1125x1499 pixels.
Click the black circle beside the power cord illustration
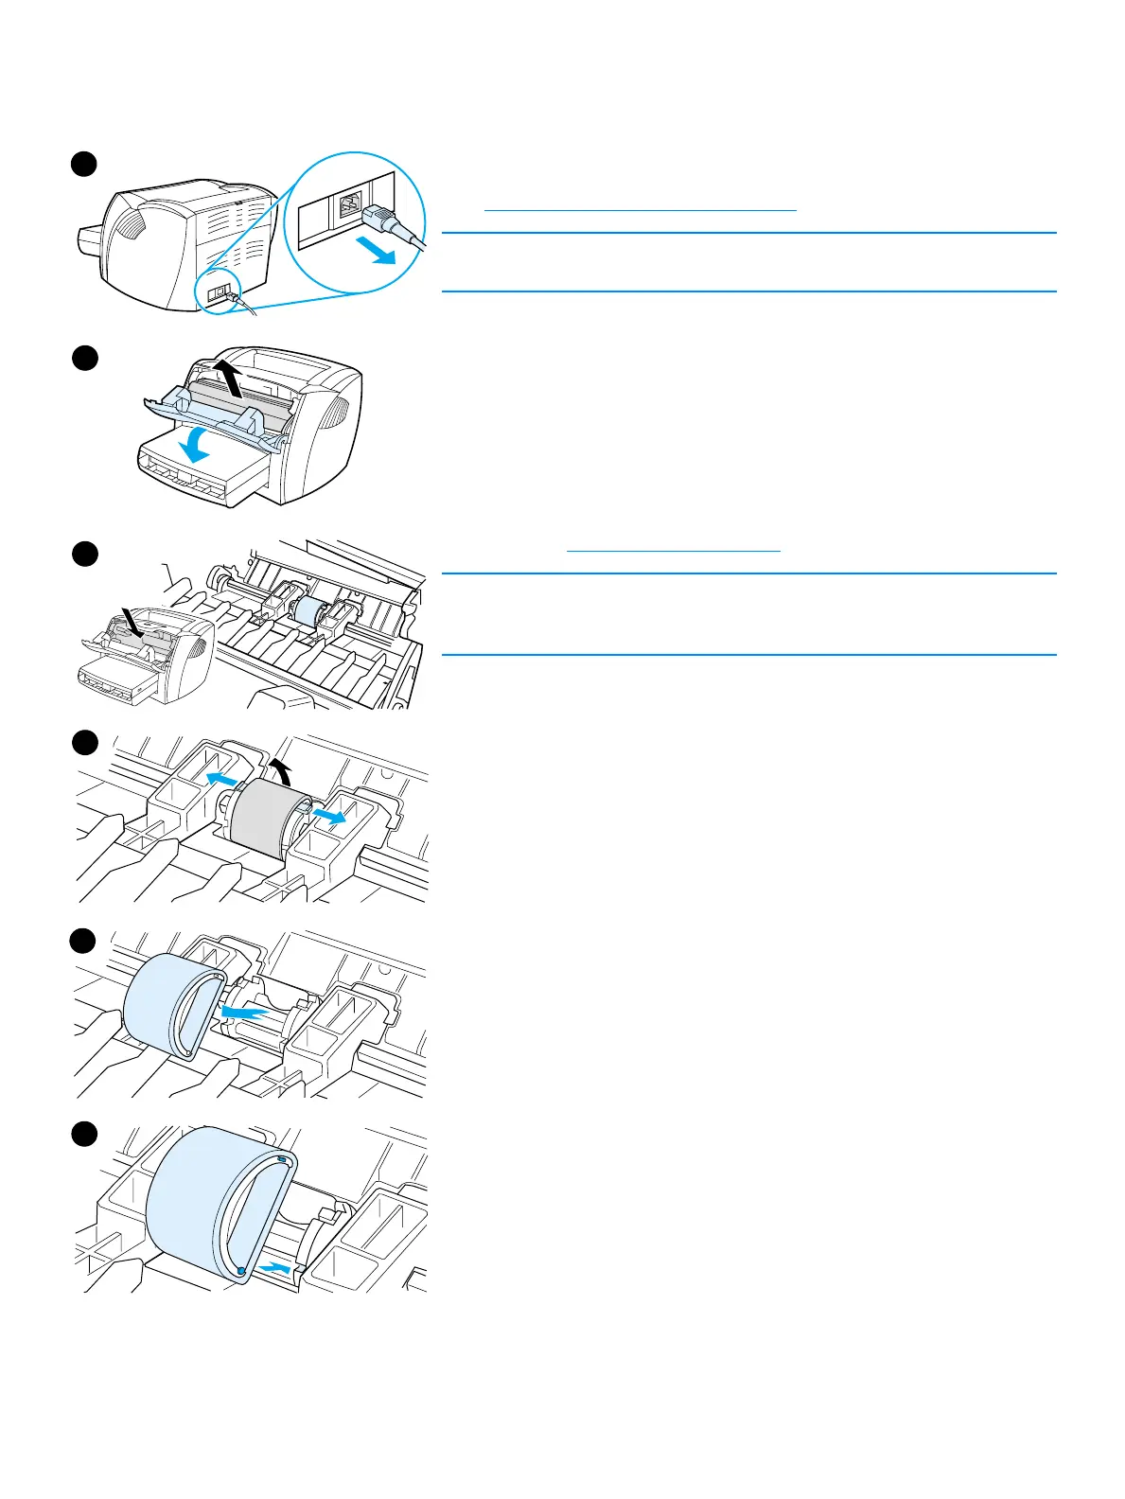point(84,163)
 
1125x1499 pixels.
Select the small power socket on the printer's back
point(218,293)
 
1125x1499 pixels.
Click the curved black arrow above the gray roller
point(278,768)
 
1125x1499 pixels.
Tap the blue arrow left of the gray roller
point(220,778)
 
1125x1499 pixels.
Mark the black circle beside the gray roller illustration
point(84,742)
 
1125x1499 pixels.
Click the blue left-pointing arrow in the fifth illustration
point(243,1013)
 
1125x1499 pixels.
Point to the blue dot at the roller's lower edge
point(241,1271)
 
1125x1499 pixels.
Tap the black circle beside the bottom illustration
point(84,1134)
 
